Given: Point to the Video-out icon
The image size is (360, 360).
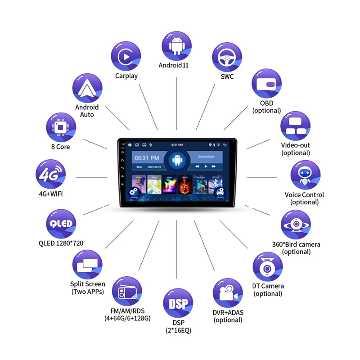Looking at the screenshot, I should (296, 126).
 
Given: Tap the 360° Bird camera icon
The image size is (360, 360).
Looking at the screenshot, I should (296, 225).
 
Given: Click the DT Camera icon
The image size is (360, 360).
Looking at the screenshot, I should (268, 267).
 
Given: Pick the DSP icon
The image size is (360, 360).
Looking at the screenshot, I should (178, 303).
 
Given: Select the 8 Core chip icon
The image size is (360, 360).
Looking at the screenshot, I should (61, 127).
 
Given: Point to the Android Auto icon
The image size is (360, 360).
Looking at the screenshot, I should (87, 88).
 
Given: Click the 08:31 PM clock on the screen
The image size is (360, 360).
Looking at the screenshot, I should (148, 158).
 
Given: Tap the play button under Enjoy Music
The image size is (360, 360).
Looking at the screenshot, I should (206, 166).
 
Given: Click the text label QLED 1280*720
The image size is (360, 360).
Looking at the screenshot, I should (61, 243).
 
